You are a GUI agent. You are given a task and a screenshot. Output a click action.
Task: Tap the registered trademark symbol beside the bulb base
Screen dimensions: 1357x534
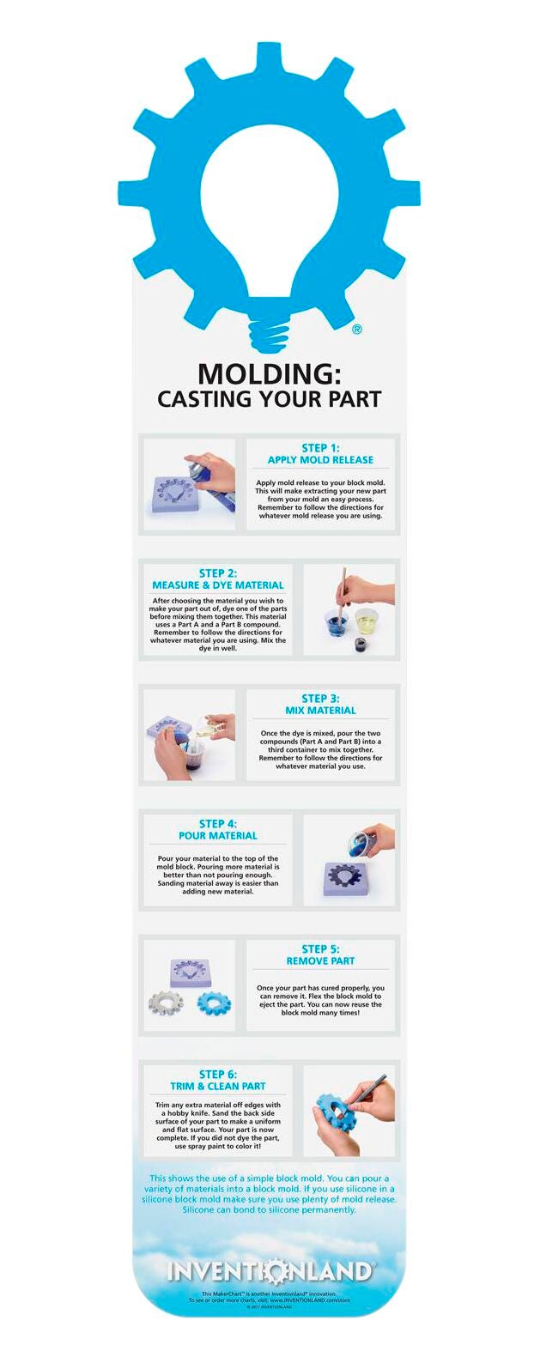click(357, 329)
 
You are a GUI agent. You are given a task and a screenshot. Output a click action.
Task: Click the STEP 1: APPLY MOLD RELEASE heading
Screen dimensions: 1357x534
click(320, 454)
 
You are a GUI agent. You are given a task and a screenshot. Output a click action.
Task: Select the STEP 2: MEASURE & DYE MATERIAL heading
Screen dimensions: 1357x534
click(217, 579)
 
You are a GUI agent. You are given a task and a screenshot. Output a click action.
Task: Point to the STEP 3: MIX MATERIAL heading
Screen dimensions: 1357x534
click(320, 705)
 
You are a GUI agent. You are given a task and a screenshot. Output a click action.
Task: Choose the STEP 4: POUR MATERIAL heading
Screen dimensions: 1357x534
click(217, 830)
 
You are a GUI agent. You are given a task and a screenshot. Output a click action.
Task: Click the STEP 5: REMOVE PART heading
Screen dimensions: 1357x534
click(320, 955)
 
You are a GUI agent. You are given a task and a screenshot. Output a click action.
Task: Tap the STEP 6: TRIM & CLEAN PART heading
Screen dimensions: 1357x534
click(217, 1080)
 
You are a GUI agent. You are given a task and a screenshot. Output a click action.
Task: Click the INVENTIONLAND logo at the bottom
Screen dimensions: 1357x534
click(269, 1271)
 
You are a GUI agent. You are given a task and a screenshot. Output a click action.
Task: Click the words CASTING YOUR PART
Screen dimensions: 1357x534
click(269, 399)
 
